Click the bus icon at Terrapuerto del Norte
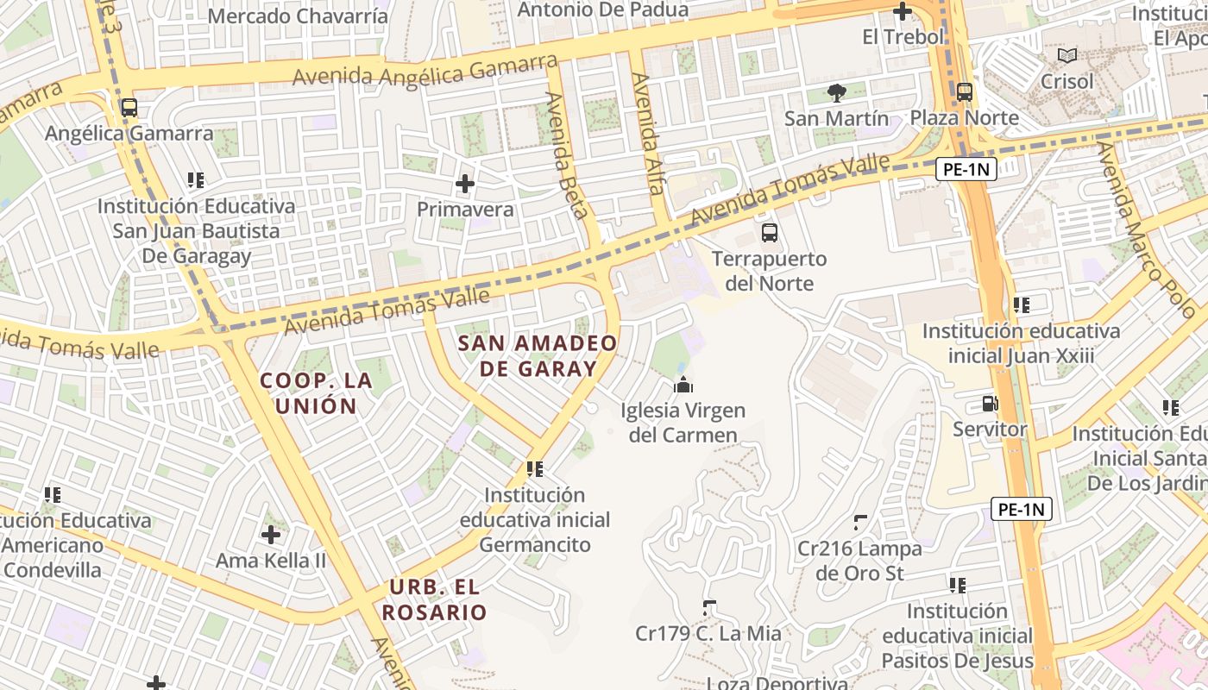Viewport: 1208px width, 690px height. (769, 232)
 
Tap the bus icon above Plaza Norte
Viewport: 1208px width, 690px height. (964, 91)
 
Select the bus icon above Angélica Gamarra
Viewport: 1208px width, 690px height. (129, 108)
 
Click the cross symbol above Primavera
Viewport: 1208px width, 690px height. (465, 183)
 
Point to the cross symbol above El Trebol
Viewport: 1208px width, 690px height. (903, 11)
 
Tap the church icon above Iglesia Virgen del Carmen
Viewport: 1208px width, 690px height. (683, 385)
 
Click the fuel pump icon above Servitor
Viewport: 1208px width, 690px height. (990, 403)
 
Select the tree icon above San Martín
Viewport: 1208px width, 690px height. (836, 91)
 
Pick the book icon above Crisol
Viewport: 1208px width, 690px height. (1067, 55)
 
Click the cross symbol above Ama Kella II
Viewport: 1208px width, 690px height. (271, 535)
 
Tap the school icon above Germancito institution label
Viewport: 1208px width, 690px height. (535, 469)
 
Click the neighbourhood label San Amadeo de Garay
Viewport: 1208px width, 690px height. (538, 356)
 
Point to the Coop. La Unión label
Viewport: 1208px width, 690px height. (317, 393)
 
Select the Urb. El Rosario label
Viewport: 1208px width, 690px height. (435, 600)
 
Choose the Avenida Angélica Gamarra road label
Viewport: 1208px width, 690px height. (425, 70)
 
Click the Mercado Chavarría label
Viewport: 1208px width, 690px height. (297, 16)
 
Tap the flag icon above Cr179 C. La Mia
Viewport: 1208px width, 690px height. (709, 607)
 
